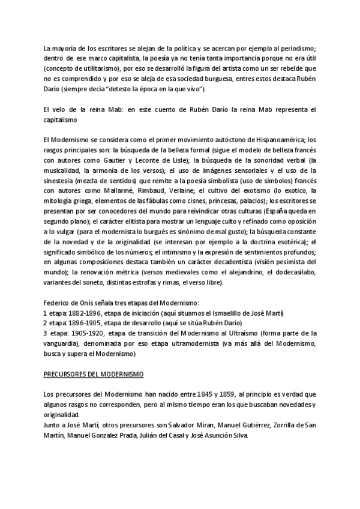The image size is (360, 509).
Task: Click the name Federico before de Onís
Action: pyautogui.click(x=59, y=303)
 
